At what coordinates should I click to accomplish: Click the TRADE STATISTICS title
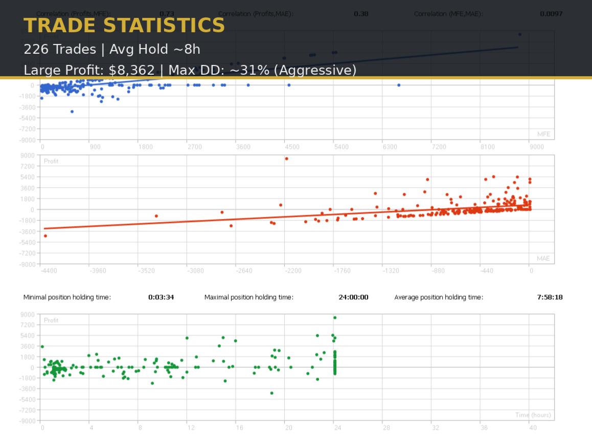coord(124,26)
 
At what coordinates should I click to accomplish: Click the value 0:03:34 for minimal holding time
coord(161,297)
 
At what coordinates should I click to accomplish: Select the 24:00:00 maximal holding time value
coord(353,297)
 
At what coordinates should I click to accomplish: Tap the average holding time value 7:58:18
coord(550,297)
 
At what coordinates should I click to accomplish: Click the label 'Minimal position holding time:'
coord(67,297)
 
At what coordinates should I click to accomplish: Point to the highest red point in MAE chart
coord(287,159)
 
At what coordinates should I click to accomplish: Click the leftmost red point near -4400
coord(45,236)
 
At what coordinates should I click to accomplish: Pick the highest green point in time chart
coord(335,318)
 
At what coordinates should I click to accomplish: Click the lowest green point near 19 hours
coord(272,393)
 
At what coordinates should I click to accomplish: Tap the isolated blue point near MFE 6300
coord(399,85)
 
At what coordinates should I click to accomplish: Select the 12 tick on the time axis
coord(188,428)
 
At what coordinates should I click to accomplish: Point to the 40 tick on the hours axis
coord(532,428)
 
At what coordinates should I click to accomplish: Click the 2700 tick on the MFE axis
coord(194,147)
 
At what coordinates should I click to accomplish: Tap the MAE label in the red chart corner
coord(543,258)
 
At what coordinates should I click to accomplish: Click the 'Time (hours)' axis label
coord(533,415)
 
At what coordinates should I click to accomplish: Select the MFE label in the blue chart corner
coord(543,134)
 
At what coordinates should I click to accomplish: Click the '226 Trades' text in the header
coord(60,49)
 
